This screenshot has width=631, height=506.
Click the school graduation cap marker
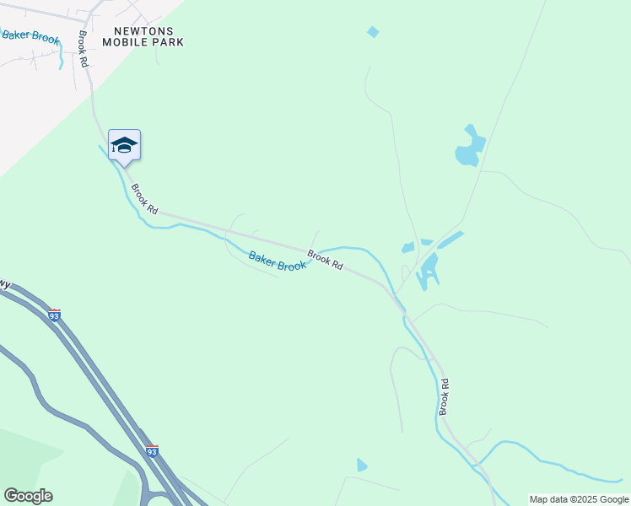124,146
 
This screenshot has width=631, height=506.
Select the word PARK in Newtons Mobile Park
167,42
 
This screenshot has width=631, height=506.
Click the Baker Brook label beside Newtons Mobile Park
30,35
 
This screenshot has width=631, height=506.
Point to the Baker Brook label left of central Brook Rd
278,261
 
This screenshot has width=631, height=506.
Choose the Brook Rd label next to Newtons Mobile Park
84,50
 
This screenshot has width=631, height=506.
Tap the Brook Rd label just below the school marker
144,199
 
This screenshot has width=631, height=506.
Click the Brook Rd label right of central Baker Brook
325,260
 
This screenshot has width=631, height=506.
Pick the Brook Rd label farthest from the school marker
444,397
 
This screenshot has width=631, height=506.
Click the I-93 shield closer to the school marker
55,315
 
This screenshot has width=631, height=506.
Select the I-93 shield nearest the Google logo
152,451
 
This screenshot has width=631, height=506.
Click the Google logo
28,496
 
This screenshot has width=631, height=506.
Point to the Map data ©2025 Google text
580,499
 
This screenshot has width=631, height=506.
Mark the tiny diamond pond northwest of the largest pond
373,32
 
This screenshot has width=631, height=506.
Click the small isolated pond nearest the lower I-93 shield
362,465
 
